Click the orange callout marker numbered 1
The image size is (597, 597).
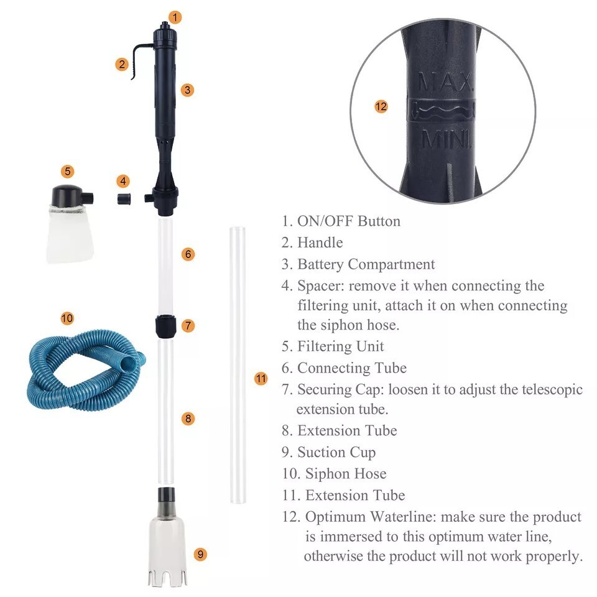(175, 17)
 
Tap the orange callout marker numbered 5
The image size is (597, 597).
(68, 171)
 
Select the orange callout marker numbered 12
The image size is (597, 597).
(381, 106)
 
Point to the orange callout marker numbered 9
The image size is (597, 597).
(200, 554)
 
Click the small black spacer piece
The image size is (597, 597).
(124, 200)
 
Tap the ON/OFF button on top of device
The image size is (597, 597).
(164, 27)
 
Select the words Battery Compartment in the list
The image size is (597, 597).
(366, 264)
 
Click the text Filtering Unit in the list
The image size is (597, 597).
(340, 346)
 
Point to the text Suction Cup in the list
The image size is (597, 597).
(336, 452)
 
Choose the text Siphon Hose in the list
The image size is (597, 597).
(345, 474)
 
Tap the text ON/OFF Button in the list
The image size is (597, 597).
(348, 221)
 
